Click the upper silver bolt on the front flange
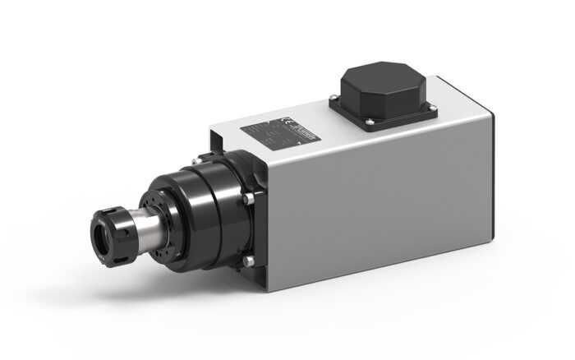tap(246, 199)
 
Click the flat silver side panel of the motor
tap(378, 205)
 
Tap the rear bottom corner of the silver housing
tap(491, 238)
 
